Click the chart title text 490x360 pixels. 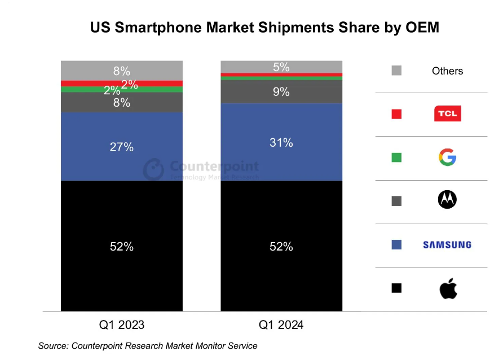(x=264, y=28)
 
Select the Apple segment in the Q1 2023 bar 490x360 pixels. (x=122, y=271)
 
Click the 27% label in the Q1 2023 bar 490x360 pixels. (x=122, y=147)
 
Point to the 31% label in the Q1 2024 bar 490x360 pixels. (x=281, y=143)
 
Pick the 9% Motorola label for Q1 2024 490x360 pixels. (x=281, y=91)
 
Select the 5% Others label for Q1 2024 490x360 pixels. (x=281, y=67)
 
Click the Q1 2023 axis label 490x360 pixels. (x=122, y=325)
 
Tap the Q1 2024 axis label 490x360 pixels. (x=281, y=325)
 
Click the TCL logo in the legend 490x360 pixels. (x=448, y=114)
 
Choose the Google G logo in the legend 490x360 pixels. (x=448, y=157)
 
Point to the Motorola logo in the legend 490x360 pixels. (x=448, y=201)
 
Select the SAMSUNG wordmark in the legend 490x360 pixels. (x=447, y=245)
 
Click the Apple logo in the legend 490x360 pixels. (x=448, y=288)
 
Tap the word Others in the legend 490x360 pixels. (x=448, y=71)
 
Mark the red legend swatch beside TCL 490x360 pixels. (x=396, y=114)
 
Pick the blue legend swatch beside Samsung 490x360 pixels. (x=396, y=245)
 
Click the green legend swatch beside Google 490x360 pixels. (x=396, y=157)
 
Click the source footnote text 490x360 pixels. (x=148, y=346)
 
